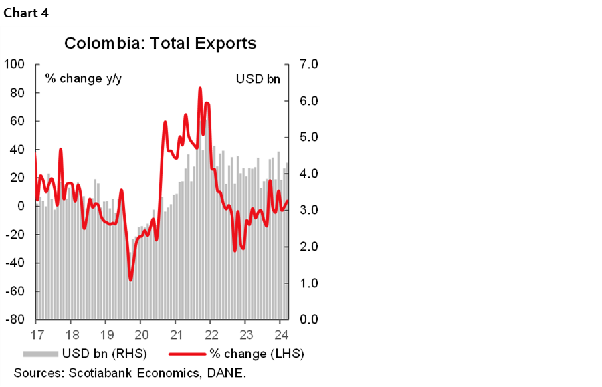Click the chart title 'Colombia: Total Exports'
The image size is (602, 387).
tap(160, 44)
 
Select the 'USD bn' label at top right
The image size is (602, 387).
tap(258, 78)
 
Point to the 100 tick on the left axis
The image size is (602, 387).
tap(14, 64)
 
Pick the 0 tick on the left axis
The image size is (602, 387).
tap(21, 206)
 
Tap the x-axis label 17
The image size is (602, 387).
tap(37, 334)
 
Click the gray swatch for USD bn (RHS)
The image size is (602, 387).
tap(41, 353)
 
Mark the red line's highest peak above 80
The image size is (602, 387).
tap(200, 88)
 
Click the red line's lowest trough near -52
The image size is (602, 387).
tap(130, 279)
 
